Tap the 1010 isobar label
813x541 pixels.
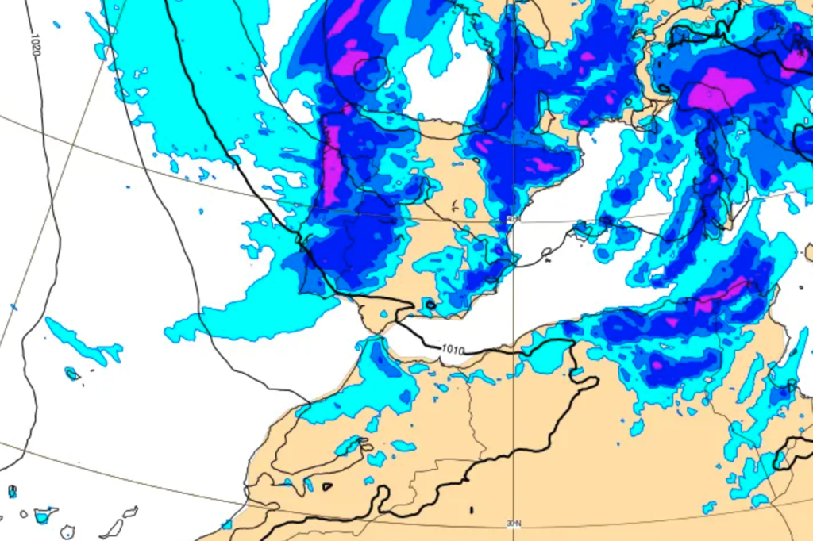point(453,348)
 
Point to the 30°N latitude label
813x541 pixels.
point(514,524)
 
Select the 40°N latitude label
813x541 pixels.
point(512,220)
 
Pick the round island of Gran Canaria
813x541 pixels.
point(68,531)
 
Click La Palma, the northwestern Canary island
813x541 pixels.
point(12,492)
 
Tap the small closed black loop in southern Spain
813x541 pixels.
point(430,305)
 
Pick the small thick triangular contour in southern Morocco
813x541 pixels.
point(327,486)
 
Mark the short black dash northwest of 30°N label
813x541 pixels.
point(471,510)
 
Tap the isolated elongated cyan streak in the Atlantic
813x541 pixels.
point(79,341)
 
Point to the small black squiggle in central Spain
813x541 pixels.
point(455,208)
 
